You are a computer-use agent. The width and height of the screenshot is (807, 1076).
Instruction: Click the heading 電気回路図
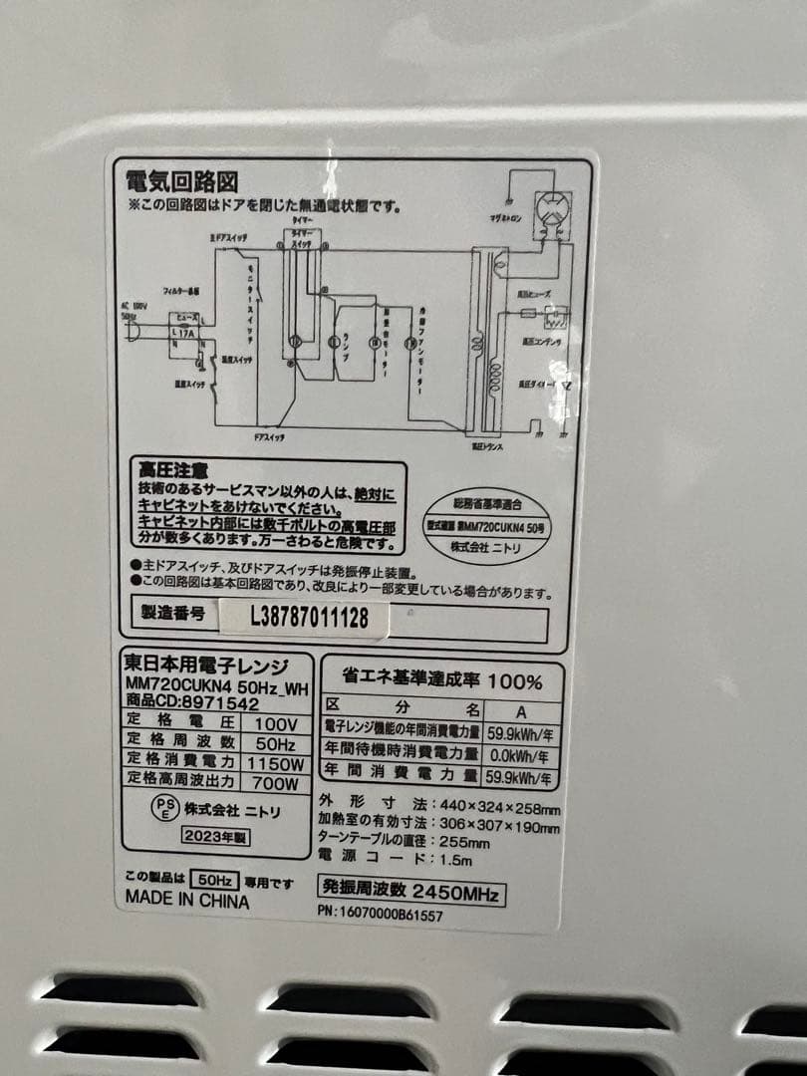click(180, 182)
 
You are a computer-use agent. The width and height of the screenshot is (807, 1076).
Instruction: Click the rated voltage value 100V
click(276, 723)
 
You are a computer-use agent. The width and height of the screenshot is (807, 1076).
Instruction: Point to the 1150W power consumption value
click(276, 762)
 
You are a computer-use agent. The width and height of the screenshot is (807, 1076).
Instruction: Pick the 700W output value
click(276, 782)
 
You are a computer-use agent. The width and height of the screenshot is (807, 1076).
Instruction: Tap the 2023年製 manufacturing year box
click(215, 837)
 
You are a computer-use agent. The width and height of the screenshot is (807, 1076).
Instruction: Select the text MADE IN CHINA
click(187, 898)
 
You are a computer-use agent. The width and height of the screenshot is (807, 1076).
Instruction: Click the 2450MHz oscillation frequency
click(453, 892)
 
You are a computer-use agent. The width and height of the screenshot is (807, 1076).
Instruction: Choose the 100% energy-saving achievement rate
click(515, 682)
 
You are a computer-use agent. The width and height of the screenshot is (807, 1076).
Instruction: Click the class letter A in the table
click(521, 712)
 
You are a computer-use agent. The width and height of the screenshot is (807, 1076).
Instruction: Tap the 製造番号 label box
click(172, 613)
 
